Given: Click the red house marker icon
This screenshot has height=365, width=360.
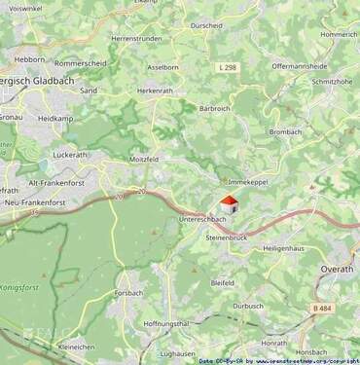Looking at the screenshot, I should (228, 204).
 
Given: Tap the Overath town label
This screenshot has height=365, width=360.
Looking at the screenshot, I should (339, 266).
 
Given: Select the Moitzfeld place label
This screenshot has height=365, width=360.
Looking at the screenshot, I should (146, 158).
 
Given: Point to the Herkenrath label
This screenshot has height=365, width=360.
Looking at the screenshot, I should (155, 90).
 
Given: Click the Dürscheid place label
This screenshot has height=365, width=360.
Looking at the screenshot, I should (206, 25).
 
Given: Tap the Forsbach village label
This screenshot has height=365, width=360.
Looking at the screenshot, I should (127, 292).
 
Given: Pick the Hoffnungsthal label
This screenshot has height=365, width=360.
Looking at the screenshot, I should (166, 323).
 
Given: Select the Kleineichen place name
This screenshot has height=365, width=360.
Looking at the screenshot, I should (77, 347).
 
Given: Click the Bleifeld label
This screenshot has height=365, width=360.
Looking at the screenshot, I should (223, 282).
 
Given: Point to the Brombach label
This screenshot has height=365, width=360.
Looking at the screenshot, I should (286, 131).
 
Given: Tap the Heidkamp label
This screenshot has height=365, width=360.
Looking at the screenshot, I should (54, 118).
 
